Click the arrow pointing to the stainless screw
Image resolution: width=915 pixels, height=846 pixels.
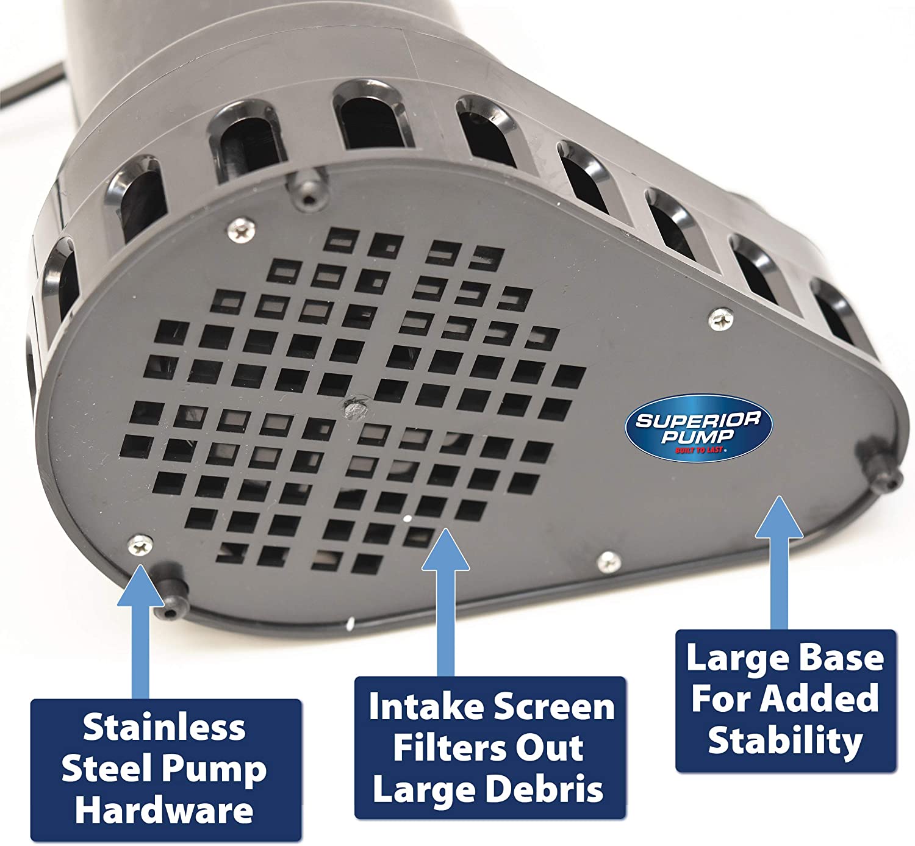tap(140, 632)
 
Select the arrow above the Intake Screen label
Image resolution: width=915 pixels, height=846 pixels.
tap(445, 602)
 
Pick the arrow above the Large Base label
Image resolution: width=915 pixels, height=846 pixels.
tap(779, 562)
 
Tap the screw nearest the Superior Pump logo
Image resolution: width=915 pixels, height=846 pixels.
tap(721, 319)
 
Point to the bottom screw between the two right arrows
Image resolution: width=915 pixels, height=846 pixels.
tap(609, 562)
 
